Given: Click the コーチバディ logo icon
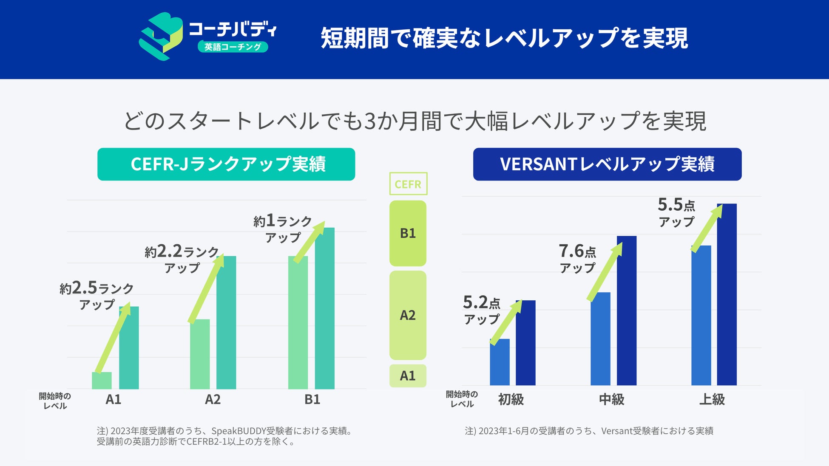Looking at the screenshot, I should point(160,36).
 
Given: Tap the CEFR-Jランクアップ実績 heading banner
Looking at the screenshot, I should point(226,164).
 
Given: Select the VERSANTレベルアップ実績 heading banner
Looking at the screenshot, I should point(607,164).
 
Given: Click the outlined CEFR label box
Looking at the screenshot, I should point(408,184).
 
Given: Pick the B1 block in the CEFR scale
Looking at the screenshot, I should point(408,233).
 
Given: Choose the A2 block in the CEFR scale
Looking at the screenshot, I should point(408,315).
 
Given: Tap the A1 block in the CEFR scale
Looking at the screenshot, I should point(408,376).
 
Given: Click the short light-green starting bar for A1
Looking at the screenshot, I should point(102,381).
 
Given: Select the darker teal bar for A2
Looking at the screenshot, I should point(226,323).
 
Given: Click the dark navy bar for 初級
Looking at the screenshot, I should point(526,343).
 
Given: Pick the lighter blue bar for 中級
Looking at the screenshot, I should point(600,339).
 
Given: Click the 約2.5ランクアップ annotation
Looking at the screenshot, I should point(97,295).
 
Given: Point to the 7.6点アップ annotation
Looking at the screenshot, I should point(577,258).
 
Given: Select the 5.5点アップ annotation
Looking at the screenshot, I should point(676,212).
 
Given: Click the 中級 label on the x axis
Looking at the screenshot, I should point(611,399).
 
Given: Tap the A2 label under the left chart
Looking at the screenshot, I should point(213,399).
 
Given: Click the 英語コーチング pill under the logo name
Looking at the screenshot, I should point(233,47).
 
